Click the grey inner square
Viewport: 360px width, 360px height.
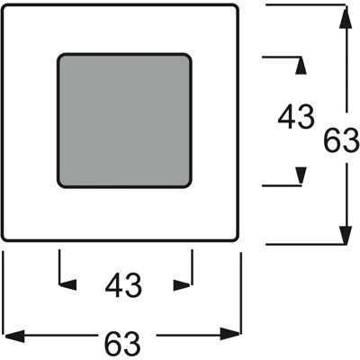pyautogui.click(x=124, y=121)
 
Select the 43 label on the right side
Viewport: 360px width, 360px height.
pyautogui.click(x=296, y=117)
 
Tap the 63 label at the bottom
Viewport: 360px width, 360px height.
pyautogui.click(x=122, y=343)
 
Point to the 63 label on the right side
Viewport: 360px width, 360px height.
pyautogui.click(x=342, y=140)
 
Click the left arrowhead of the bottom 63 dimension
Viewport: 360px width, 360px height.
pyautogui.click(x=13, y=334)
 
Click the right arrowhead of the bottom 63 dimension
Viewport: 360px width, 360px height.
pyautogui.click(x=230, y=334)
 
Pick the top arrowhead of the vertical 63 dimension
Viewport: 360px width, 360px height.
pyautogui.click(x=346, y=17)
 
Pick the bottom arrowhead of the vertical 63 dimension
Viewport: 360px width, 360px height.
pyautogui.click(x=346, y=233)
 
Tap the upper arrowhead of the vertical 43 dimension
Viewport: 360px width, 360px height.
pyautogui.click(x=301, y=65)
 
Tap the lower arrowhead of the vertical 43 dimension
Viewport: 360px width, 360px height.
pyautogui.click(x=301, y=175)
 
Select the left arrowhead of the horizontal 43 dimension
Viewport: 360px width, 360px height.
pyautogui.click(x=67, y=285)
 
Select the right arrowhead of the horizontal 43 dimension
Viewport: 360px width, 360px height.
pyautogui.click(x=182, y=285)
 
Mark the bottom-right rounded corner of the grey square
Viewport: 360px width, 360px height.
pyautogui.click(x=188, y=184)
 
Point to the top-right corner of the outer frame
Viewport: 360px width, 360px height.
pyautogui.click(x=237, y=6)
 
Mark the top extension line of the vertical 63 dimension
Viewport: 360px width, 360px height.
pyautogui.click(x=306, y=4)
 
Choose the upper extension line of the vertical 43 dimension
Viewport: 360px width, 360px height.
pyautogui.click(x=282, y=57)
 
